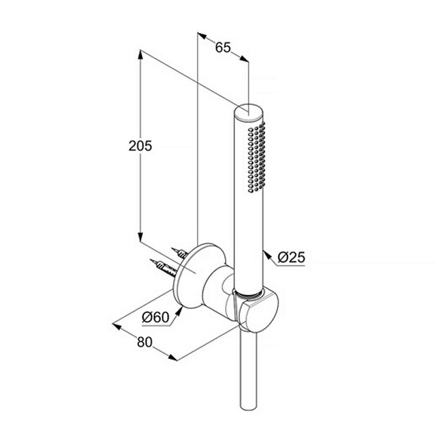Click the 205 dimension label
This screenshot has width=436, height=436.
pos(140,146)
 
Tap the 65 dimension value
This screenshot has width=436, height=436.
pos(223,48)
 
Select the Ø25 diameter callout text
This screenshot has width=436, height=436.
pos(291,257)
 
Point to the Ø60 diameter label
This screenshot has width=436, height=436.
pos(156,317)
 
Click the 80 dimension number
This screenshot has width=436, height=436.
pos(145,342)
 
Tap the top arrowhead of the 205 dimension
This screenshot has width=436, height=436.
pos(140,54)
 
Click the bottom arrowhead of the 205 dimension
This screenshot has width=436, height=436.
pos(140,237)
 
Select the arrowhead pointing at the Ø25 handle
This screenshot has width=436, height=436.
pos(267,255)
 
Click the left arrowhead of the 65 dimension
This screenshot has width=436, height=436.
pos(202,36)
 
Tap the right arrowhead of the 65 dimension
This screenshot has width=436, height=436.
pos(244,59)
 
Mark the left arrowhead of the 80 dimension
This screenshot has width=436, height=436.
pos(117,326)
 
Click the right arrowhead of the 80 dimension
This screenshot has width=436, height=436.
pos(172,358)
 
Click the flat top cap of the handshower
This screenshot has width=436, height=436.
pos(249,112)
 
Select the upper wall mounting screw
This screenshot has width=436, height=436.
pos(180,253)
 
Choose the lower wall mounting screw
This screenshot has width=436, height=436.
pos(163,267)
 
